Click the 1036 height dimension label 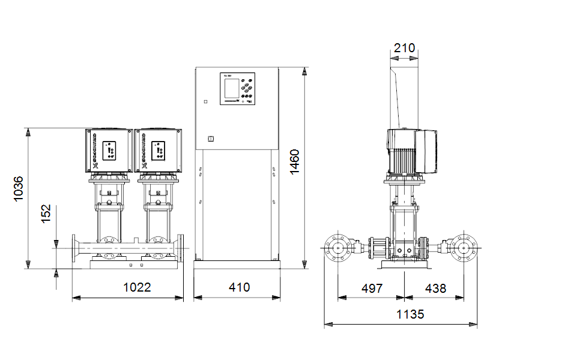pyautogui.click(x=19, y=188)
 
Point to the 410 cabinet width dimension pyautogui.click(x=239, y=287)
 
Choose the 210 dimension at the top pyautogui.click(x=405, y=48)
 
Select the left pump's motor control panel pyautogui.click(x=110, y=151)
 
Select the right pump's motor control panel pyautogui.click(x=159, y=151)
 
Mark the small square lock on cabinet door pyautogui.click(x=211, y=139)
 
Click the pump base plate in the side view pyautogui.click(x=404, y=265)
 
